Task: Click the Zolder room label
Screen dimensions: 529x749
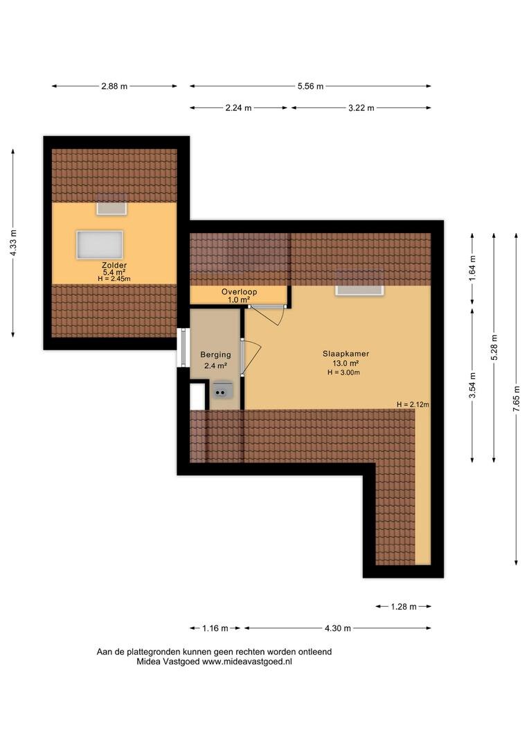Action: point(114,265)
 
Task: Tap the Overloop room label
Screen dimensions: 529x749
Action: point(239,292)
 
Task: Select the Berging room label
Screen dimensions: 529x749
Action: point(215,355)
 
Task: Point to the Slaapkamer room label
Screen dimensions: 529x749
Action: point(346,354)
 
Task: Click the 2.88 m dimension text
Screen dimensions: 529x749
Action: point(114,87)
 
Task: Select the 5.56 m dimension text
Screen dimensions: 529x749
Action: point(310,87)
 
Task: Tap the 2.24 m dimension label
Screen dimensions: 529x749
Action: point(238,108)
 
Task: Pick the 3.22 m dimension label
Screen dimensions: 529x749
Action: point(361,108)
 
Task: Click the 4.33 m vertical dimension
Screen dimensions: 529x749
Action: point(13,243)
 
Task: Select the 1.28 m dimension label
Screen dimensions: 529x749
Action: point(404,607)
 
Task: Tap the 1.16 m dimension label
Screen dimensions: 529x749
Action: point(215,628)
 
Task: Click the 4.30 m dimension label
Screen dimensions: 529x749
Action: point(338,628)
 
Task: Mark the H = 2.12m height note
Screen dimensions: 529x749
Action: point(413,404)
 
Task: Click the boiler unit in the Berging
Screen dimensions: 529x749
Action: point(222,390)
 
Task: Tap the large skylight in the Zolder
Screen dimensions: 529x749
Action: point(100,245)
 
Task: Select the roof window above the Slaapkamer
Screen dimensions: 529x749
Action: point(359,290)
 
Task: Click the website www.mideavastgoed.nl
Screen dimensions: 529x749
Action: point(247,662)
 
